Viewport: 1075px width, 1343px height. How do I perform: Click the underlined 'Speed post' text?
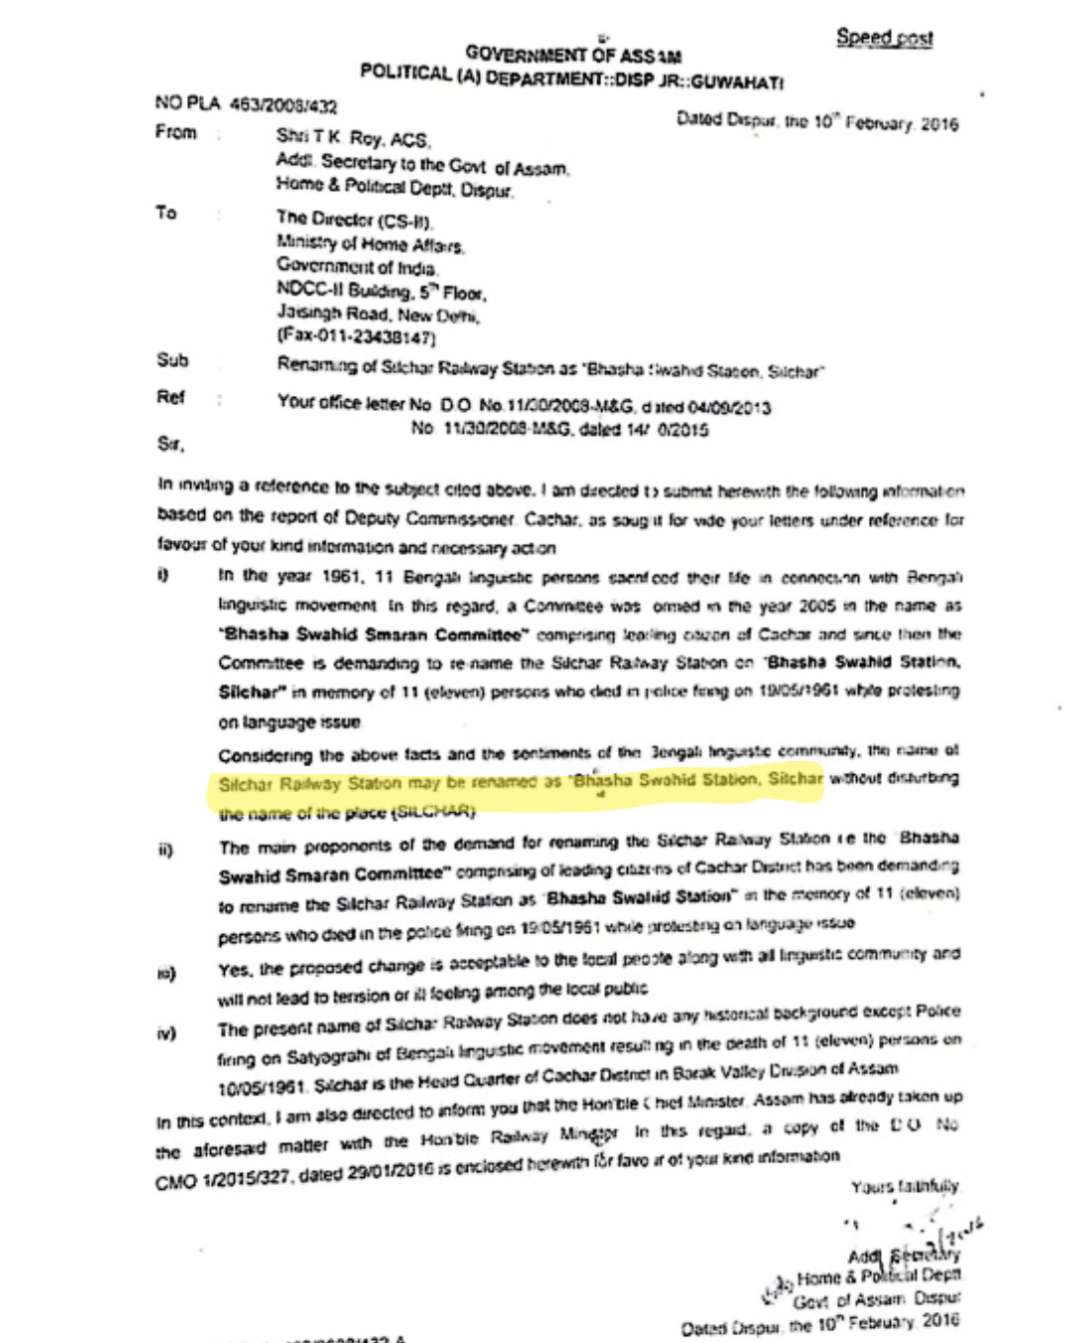[884, 38]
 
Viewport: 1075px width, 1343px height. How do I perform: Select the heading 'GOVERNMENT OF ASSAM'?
[573, 54]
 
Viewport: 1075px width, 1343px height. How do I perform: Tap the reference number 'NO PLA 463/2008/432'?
[246, 103]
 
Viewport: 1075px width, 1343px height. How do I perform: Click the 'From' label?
[175, 132]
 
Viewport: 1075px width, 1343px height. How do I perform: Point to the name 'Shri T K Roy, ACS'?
[352, 138]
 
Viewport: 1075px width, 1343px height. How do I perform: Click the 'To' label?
[166, 213]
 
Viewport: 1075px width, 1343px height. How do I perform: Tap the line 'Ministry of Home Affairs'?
[369, 243]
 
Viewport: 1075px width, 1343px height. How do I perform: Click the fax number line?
[356, 337]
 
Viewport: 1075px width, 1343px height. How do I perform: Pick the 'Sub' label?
[172, 360]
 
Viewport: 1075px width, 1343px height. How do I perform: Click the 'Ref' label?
[170, 398]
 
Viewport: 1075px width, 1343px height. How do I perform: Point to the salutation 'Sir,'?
[170, 444]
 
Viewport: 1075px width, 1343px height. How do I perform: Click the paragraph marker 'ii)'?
[165, 850]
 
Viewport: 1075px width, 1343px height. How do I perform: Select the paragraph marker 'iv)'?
[166, 1034]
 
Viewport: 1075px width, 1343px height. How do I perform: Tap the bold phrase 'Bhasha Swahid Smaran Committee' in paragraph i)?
[371, 634]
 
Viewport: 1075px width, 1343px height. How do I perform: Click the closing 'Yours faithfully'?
[905, 1186]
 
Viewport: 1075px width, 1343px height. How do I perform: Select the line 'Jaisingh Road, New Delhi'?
[378, 314]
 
